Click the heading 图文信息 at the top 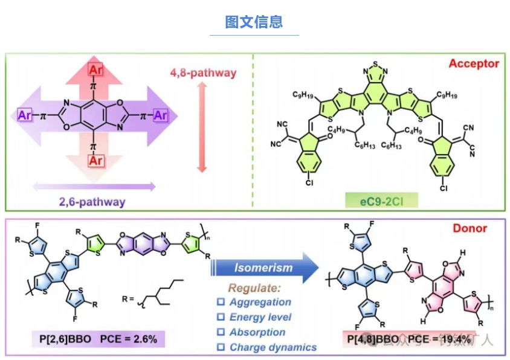pos(254,22)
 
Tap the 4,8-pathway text pos(202,74)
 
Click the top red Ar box pos(95,70)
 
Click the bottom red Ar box pos(95,160)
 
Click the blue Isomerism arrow pos(264,268)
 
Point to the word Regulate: pos(255,288)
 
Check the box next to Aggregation pos(221,302)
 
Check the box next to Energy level pos(221,317)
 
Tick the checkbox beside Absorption pos(221,332)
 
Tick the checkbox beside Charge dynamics pos(221,347)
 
